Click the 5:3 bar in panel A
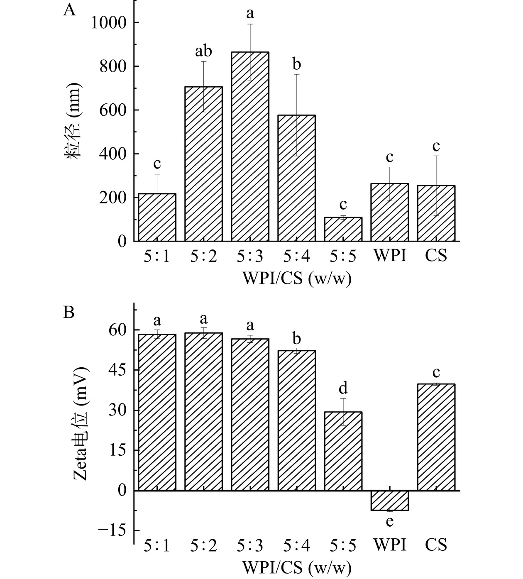coord(250,147)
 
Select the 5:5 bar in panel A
coord(343,229)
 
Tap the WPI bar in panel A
coord(389,212)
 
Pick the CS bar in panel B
coord(436,437)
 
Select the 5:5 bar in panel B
coord(343,451)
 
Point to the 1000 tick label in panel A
coord(110,22)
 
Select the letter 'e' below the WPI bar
coord(389,521)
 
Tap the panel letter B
coord(69,312)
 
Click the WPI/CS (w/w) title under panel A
coord(296,279)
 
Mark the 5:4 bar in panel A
coord(296,178)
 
